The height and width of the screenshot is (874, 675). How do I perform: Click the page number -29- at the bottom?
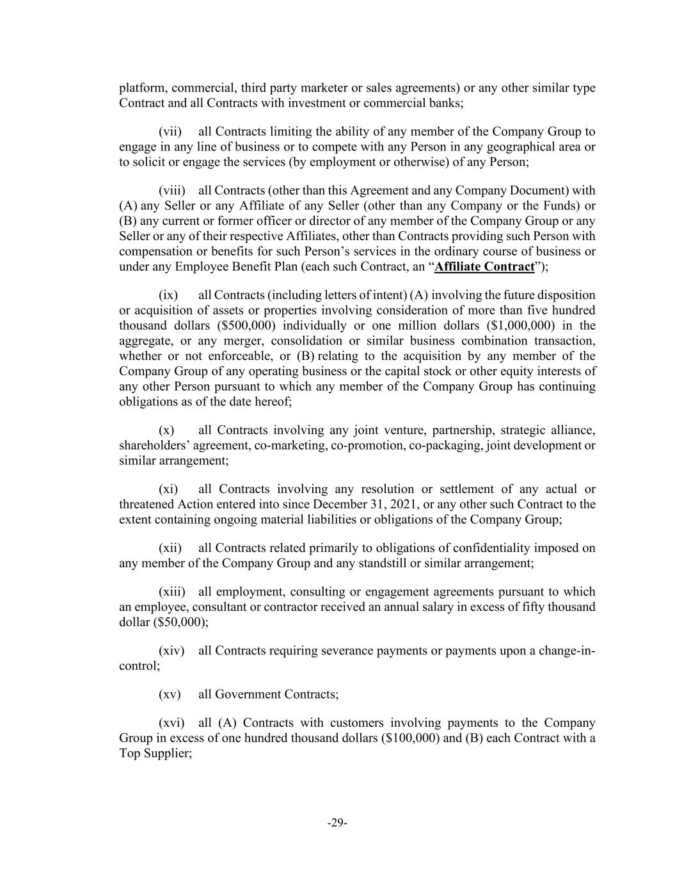point(337,823)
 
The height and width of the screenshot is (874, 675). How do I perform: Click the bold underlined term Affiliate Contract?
point(484,266)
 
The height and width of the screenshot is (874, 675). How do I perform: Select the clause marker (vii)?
point(170,131)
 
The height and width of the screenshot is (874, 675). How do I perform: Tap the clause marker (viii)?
point(172,190)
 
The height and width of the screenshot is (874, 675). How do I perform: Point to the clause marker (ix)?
point(168,295)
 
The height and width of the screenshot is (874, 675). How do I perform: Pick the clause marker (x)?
point(166,430)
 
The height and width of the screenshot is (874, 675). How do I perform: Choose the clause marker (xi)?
point(168,489)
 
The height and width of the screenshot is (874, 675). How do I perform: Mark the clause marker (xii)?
point(170,547)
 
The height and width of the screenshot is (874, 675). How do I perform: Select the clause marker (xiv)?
point(171,651)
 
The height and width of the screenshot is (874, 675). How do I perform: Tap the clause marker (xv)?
point(170,694)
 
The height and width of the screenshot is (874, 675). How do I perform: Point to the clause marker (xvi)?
point(171,723)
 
